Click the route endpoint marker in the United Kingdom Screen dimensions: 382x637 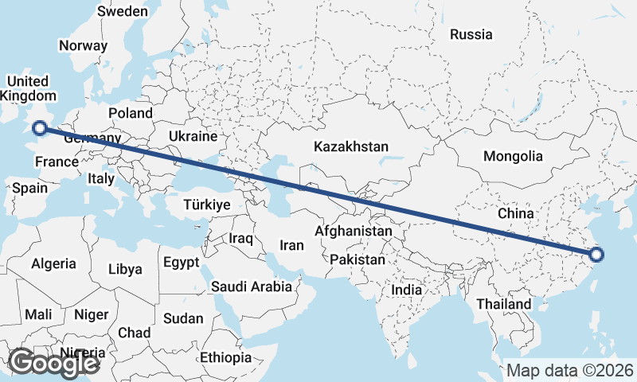pyautogui.click(x=38, y=127)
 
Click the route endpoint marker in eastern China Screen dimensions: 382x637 pyautogui.click(x=597, y=255)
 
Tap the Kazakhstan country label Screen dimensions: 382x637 pyautogui.click(x=351, y=146)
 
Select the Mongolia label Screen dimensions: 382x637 pyautogui.click(x=513, y=157)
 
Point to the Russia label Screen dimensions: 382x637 pyautogui.click(x=471, y=34)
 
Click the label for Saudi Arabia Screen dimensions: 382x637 pyautogui.click(x=252, y=286)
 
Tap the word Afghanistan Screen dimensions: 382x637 pyautogui.click(x=354, y=231)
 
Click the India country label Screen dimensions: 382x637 pyautogui.click(x=406, y=290)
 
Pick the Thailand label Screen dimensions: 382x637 pyautogui.click(x=503, y=304)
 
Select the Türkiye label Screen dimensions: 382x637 pyautogui.click(x=206, y=205)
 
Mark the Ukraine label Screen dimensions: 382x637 pyautogui.click(x=193, y=137)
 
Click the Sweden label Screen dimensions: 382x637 pyautogui.click(x=122, y=11)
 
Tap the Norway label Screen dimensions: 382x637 pyautogui.click(x=83, y=45)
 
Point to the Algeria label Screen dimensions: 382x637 pyautogui.click(x=54, y=263)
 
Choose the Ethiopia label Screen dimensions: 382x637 pyautogui.click(x=226, y=357)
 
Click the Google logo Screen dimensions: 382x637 pyautogui.click(x=53, y=363)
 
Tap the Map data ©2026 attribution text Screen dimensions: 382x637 pyautogui.click(x=570, y=370)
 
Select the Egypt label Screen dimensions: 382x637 pyautogui.click(x=180, y=262)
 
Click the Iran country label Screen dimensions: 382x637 pyautogui.click(x=291, y=245)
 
